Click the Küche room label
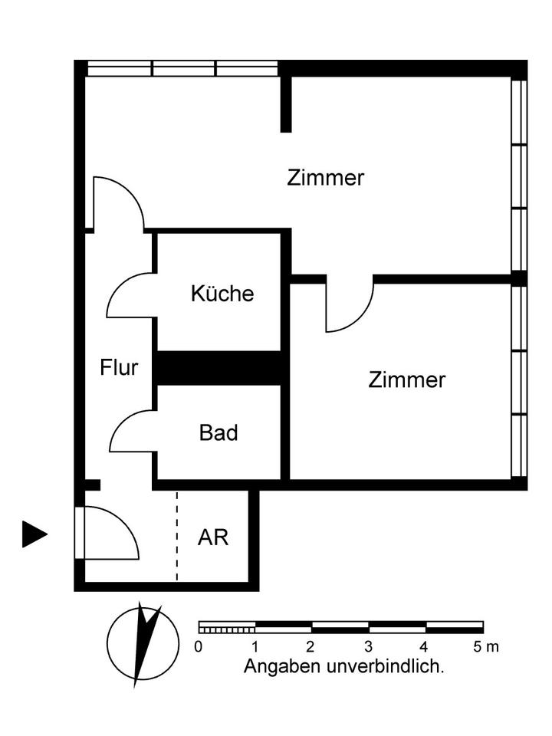(x=222, y=294)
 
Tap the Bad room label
(x=219, y=433)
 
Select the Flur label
(x=119, y=368)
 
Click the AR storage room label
(x=213, y=537)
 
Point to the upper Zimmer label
(x=325, y=179)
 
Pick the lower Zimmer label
(x=406, y=380)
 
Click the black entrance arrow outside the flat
(x=34, y=534)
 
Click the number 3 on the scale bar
(x=369, y=647)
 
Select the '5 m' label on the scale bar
(x=485, y=647)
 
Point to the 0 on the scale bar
(x=199, y=647)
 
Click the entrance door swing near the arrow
(x=111, y=533)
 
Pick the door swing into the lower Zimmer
(x=349, y=307)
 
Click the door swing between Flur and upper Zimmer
(x=119, y=203)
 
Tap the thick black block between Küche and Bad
(x=220, y=368)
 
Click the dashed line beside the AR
(x=177, y=537)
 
